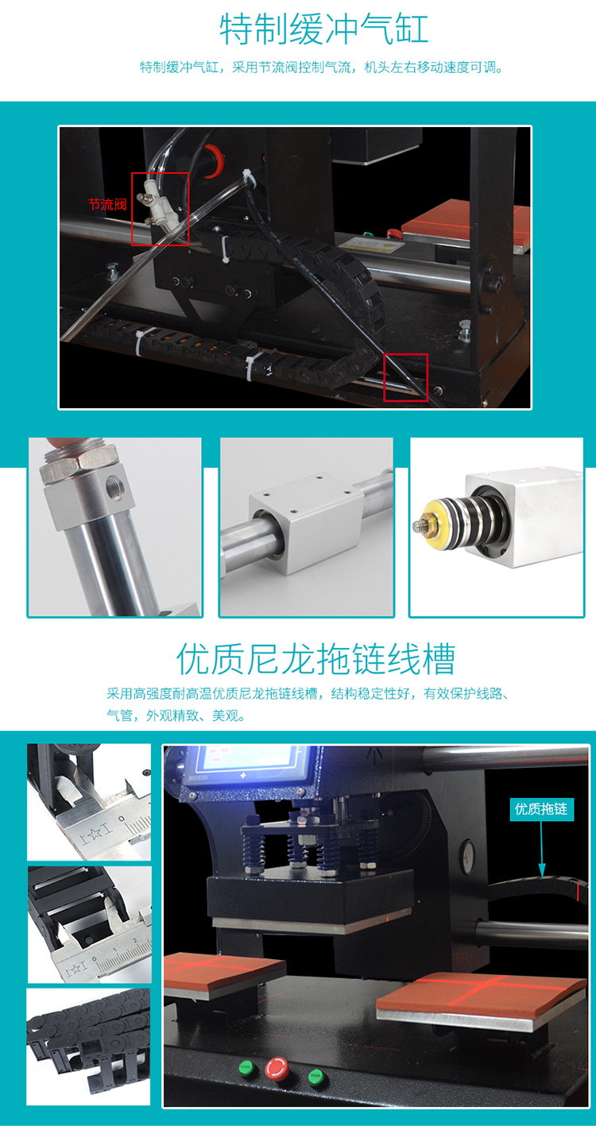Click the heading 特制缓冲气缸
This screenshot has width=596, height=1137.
[x=323, y=29]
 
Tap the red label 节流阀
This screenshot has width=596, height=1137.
[x=107, y=204]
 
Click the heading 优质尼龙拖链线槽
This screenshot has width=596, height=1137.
[x=315, y=659]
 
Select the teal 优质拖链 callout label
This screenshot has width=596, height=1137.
[x=541, y=808]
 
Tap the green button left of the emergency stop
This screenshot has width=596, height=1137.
[x=246, y=1066]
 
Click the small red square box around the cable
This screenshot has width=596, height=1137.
[x=405, y=378]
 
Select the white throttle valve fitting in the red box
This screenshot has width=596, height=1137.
[x=158, y=207]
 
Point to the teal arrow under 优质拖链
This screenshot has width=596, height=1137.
[x=542, y=848]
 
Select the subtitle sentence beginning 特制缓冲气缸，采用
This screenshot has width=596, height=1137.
[x=322, y=67]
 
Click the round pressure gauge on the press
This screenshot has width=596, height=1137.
[x=466, y=848]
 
